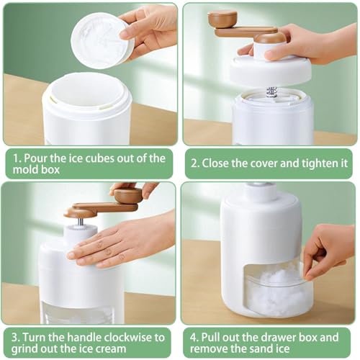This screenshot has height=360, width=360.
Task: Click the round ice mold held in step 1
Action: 103,40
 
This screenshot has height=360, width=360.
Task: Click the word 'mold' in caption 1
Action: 24,170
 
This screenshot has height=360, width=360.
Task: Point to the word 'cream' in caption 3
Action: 112,349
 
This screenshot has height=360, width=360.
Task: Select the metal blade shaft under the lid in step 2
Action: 271,92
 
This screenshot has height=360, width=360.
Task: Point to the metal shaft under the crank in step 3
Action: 81,221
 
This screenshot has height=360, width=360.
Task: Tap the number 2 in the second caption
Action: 194,164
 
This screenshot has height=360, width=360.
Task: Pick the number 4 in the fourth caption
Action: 194,338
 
